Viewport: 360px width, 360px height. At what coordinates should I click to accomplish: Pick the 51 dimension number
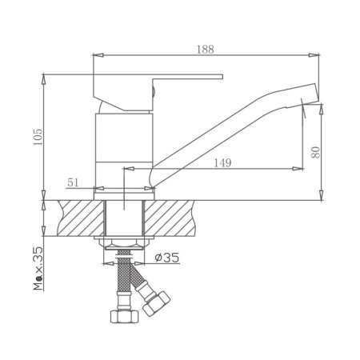(x=73, y=182)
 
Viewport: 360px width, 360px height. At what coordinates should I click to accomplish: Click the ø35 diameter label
(x=167, y=258)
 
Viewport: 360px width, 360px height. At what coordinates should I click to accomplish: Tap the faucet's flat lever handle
(x=176, y=79)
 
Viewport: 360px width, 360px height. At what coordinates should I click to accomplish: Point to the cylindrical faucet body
(x=123, y=148)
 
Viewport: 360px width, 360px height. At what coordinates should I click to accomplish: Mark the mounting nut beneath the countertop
(x=123, y=242)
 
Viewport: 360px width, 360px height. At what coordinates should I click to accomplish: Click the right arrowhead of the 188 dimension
(x=317, y=55)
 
